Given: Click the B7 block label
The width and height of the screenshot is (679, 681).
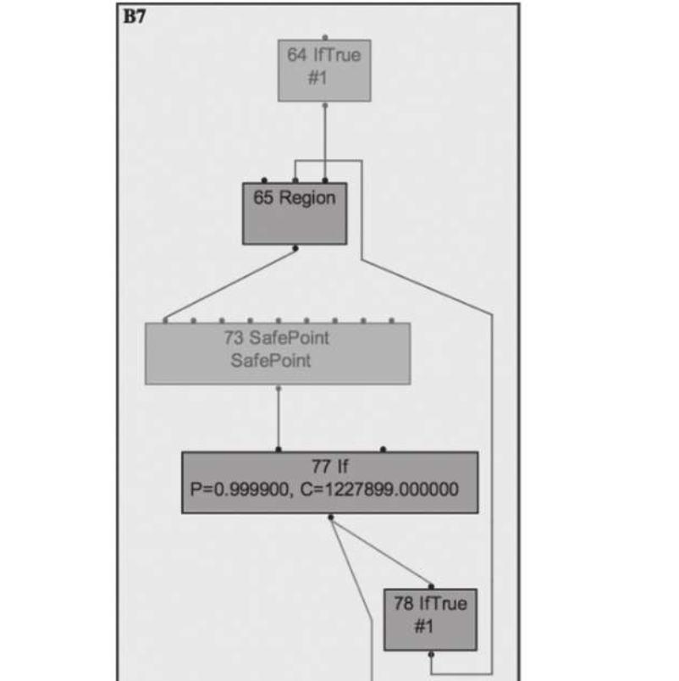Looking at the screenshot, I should click(x=135, y=15).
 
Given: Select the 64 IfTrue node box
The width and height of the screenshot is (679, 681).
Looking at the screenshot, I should click(x=324, y=69).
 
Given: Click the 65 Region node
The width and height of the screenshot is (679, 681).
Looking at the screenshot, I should click(x=294, y=213).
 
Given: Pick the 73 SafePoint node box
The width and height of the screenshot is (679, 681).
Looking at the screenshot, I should click(x=277, y=352).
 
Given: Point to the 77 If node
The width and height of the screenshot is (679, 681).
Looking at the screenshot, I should click(x=329, y=482).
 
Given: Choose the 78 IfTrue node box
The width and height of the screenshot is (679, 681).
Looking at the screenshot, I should click(x=429, y=619).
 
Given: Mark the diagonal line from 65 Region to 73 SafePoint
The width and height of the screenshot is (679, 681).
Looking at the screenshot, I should click(x=229, y=285).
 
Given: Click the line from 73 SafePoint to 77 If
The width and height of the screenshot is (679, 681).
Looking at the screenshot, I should click(x=279, y=419).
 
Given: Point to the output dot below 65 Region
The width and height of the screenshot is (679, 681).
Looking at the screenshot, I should click(x=295, y=248).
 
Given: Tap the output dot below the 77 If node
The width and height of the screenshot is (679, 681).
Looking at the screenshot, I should click(x=330, y=516).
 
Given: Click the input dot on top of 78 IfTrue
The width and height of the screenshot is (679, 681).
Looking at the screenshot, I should click(x=430, y=586).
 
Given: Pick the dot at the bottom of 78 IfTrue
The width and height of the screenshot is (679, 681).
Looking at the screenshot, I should click(x=430, y=654).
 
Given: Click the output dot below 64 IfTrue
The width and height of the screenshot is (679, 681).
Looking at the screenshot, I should click(x=325, y=105).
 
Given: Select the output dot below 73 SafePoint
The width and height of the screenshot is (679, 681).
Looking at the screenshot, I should click(x=279, y=388).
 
